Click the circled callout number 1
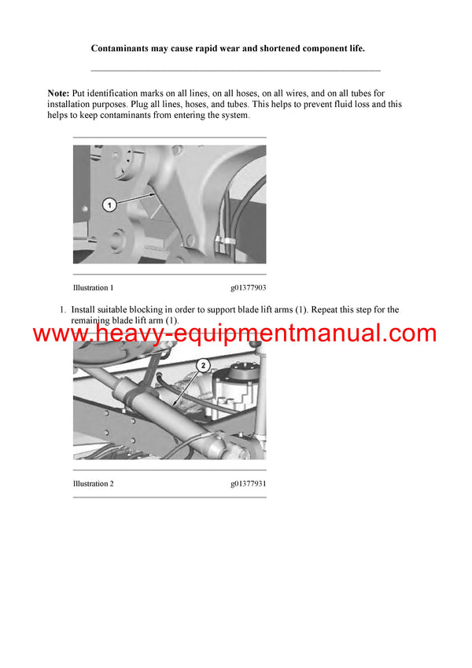pos(110,205)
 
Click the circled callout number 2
pos(202,365)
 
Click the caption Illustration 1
pos(94,288)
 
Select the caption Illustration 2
pos(94,484)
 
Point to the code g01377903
pos(249,288)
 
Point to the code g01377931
pos(249,484)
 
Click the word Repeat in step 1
pos(326,310)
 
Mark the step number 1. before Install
pos(64,310)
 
